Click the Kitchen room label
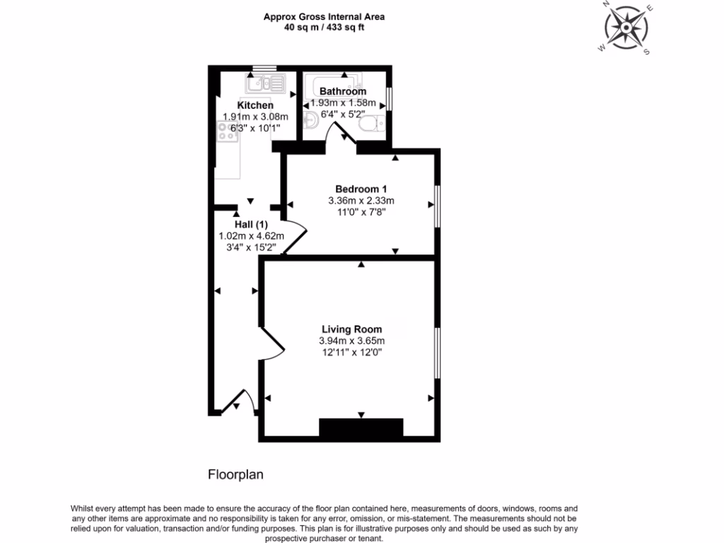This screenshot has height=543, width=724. pos(255,105)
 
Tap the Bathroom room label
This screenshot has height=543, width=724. pos(343,91)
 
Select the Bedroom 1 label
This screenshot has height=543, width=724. pos(361,189)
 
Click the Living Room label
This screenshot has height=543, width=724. pos(351,329)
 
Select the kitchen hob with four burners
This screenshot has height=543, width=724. pos(228,132)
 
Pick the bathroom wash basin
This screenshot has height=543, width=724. pos(310,119)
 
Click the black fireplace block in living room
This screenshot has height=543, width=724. pos(361,428)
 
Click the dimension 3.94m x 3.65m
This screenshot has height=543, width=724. pos(351,341)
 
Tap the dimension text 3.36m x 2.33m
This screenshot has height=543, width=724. pos(361,200)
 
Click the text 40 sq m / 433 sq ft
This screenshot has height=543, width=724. pos(325,27)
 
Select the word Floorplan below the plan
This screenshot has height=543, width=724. pos(235,474)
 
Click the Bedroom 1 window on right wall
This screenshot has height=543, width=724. pos(437,206)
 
